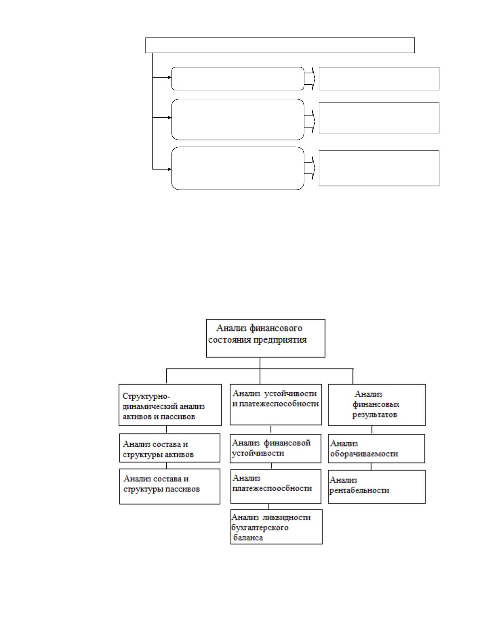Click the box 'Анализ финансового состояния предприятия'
point(266,338)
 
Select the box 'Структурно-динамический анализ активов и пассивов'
point(170,405)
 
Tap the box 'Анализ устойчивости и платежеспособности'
point(276,404)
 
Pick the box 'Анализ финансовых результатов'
point(377,405)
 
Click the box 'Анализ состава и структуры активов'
point(170,448)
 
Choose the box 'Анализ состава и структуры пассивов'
point(170,487)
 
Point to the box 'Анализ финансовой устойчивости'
point(275,449)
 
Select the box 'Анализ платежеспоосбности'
point(276,487)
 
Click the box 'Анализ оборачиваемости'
point(376,449)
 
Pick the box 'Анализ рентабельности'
point(377,487)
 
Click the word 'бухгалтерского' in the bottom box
point(260,528)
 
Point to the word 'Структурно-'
point(146,397)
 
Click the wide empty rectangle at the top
point(280,45)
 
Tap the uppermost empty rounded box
point(238,79)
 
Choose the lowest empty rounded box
point(238,168)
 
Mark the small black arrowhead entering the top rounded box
point(170,77)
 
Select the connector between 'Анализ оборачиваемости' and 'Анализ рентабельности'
point(371,467)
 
